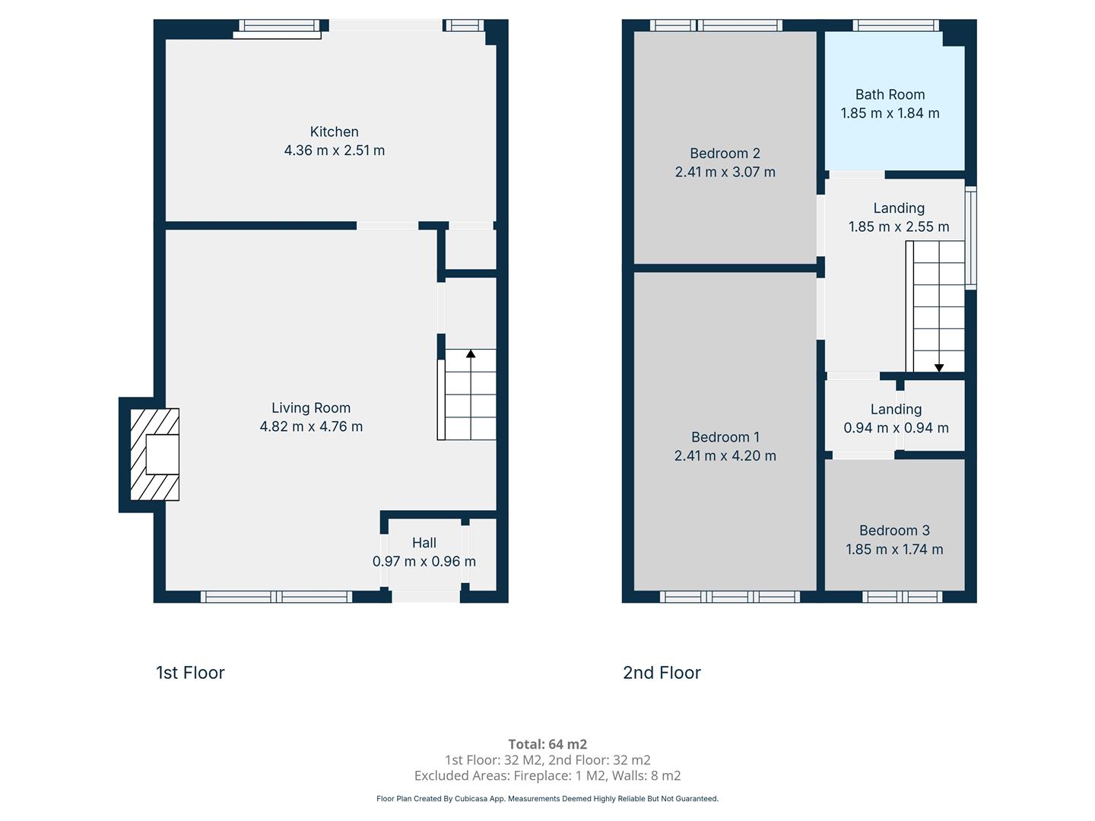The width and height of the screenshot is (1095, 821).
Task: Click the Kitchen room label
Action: (x=334, y=132)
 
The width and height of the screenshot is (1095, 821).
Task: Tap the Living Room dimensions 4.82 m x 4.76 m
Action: (x=311, y=426)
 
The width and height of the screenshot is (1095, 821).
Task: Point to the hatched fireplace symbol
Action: (x=154, y=454)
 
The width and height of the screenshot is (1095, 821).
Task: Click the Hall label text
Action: (x=424, y=542)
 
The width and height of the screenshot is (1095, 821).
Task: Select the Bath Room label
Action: (x=890, y=94)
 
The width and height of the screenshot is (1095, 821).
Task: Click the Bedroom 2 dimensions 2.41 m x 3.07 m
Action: (x=725, y=172)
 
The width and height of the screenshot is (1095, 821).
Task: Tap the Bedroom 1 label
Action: (x=725, y=437)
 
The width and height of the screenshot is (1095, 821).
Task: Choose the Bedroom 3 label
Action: (x=894, y=531)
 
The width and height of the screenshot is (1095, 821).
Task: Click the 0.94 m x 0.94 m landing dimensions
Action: (x=896, y=428)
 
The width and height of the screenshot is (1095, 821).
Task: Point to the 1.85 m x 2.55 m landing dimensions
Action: (x=899, y=227)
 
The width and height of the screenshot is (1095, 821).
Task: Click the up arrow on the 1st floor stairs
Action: (x=471, y=353)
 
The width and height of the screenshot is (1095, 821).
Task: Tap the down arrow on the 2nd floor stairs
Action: (x=939, y=368)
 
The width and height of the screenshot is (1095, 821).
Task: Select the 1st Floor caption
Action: (x=190, y=673)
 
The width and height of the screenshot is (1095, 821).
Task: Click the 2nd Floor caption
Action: (x=662, y=673)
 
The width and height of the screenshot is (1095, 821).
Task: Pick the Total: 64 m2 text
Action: (x=547, y=744)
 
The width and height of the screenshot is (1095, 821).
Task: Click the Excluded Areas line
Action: (x=547, y=775)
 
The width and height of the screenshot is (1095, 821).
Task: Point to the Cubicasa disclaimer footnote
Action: (x=547, y=798)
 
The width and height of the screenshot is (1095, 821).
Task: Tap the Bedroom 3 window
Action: (x=902, y=597)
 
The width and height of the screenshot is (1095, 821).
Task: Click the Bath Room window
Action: (x=896, y=25)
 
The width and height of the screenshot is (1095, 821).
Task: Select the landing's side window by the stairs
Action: (x=970, y=238)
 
